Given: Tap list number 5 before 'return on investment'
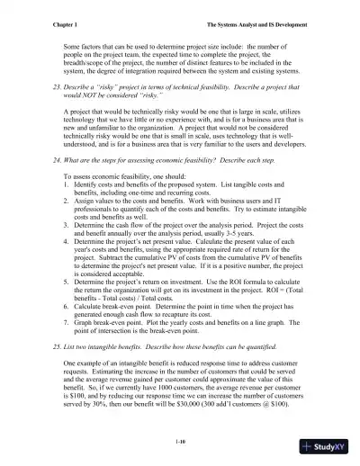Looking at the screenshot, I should point(67,306).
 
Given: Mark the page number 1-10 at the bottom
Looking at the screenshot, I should point(181,441).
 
